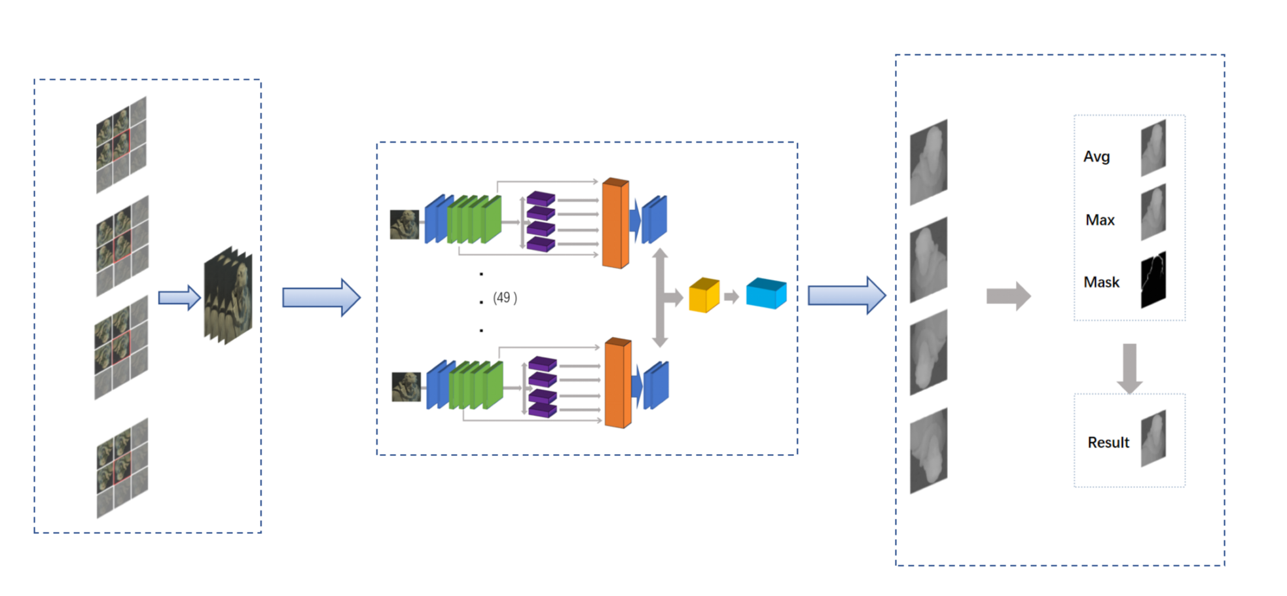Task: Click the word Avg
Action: [1097, 156]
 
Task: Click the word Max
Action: [1100, 220]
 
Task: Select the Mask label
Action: [1101, 282]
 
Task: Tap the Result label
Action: [1108, 442]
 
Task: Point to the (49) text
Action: [505, 298]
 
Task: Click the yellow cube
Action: [704, 295]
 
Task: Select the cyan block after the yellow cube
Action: [766, 293]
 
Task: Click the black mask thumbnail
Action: [1153, 280]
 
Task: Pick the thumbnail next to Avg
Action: [1153, 148]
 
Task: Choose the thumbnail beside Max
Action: [1153, 212]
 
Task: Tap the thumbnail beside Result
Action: [1153, 438]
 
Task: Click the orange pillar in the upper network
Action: [615, 223]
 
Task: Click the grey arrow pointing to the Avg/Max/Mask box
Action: [1008, 296]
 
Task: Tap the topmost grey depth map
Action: [928, 162]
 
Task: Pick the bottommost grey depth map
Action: [928, 451]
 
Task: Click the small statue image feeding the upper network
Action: [405, 224]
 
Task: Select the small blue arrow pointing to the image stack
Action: [179, 298]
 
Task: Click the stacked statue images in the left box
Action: [228, 296]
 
